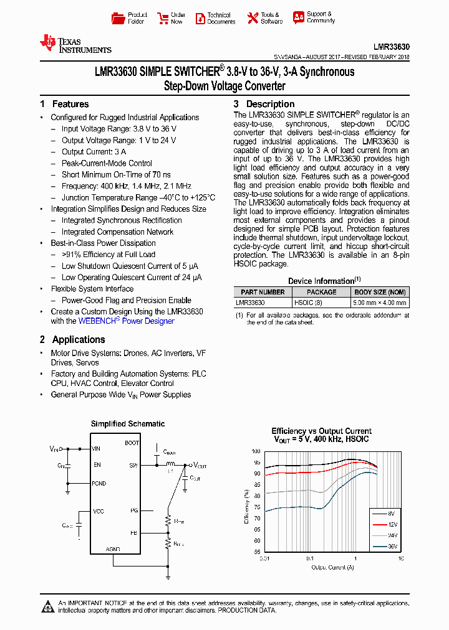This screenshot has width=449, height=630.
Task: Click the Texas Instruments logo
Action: tap(75, 44)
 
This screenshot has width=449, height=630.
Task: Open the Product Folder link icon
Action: tap(117, 18)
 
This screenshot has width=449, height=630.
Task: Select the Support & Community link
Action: tap(321, 17)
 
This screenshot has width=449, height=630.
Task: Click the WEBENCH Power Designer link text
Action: tap(126, 321)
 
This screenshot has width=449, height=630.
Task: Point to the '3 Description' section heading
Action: tap(264, 104)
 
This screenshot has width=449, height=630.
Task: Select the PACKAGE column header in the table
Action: tap(322, 292)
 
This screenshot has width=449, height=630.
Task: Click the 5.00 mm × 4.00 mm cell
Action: tap(379, 303)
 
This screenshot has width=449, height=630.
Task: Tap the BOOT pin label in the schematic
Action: tap(132, 443)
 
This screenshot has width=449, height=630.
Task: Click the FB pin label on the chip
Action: tap(133, 533)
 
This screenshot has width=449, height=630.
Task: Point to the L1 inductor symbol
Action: tap(169, 464)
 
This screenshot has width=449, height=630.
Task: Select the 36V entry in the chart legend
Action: tap(391, 547)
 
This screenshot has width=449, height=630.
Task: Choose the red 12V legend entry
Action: tap(391, 524)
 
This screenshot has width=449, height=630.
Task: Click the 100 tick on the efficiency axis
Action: tap(256, 451)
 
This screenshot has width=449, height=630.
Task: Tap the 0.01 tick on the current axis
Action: tap(264, 558)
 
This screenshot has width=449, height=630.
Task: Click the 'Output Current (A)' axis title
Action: tap(332, 567)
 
